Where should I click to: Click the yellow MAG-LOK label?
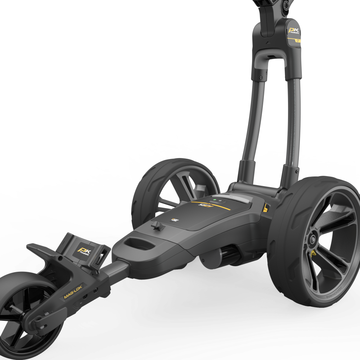click(x=74, y=292)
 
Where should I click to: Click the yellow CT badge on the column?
click(x=298, y=41)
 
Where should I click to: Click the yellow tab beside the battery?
click(x=266, y=208)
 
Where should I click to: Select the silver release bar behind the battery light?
click(x=234, y=199)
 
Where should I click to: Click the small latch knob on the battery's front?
click(x=156, y=226)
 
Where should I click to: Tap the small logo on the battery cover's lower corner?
click(x=175, y=219)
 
